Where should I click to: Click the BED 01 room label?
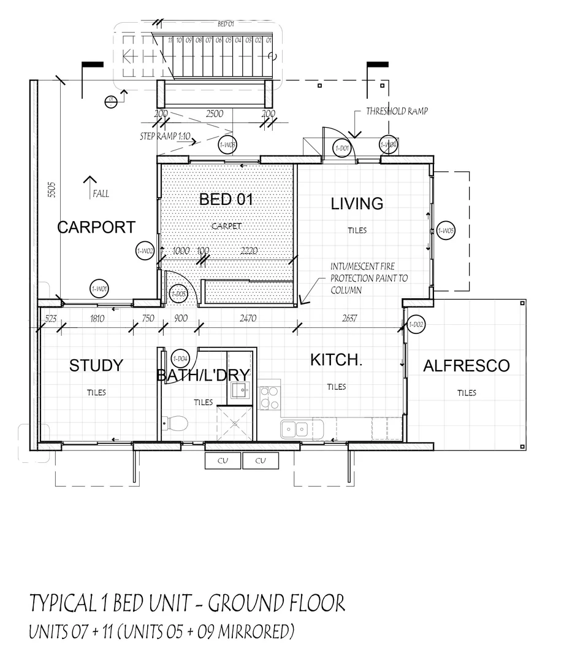pyautogui.click(x=226, y=200)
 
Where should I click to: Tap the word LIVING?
pyautogui.click(x=357, y=204)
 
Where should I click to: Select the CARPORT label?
pyautogui.click(x=96, y=227)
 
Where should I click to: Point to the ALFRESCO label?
pyautogui.click(x=466, y=366)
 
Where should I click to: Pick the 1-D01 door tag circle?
pyautogui.click(x=342, y=148)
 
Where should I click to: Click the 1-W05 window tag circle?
pyautogui.click(x=446, y=231)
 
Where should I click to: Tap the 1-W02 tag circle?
pyautogui.click(x=145, y=251)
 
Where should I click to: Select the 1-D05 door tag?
pyautogui.click(x=178, y=293)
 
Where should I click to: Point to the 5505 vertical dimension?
pyautogui.click(x=52, y=189)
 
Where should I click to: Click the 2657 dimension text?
pyautogui.click(x=350, y=319)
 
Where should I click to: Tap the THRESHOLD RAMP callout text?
pyautogui.click(x=397, y=112)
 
